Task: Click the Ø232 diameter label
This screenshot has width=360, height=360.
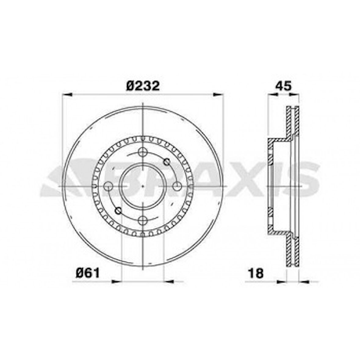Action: pos(143,86)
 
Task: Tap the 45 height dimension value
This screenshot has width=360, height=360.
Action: pos(283,86)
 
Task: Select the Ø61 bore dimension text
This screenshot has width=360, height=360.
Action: pos(88,273)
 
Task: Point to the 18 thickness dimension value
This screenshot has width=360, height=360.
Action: pos(256,273)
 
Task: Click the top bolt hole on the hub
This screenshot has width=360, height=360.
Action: pos(143,152)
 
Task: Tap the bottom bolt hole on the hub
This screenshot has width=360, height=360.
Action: pos(143,220)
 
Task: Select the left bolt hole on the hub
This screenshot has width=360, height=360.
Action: pos(109,186)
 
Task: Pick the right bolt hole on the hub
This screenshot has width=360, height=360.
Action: pos(177,186)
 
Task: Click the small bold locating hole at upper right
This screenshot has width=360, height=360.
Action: pos(167,162)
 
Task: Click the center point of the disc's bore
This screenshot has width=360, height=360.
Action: pos(143,186)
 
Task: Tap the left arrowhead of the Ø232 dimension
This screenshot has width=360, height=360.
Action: pos(67,95)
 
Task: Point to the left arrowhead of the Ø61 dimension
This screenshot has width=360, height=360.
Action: pos(117,282)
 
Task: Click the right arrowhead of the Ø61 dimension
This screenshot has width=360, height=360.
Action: pos(169,282)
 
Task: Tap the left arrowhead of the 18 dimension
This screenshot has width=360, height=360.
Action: pos(282,282)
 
